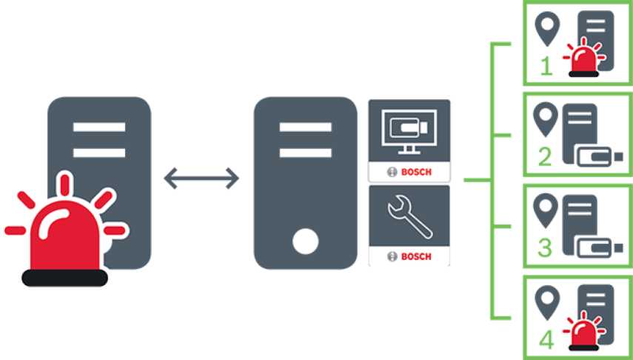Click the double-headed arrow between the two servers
point(201,178)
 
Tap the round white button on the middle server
point(305,241)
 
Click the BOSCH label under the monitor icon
point(409,173)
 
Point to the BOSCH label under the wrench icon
point(409,256)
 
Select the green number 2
point(546,157)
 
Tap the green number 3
point(546,247)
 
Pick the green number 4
point(546,339)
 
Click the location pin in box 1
point(547,28)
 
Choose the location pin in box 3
point(547,210)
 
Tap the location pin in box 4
point(547,301)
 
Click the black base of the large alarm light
point(65,278)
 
